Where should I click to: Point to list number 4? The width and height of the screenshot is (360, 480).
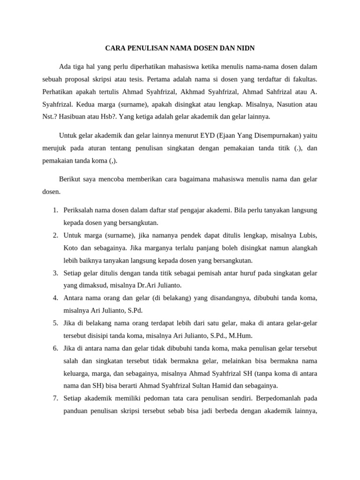[x=55, y=298]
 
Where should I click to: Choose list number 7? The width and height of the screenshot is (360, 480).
[x=55, y=398]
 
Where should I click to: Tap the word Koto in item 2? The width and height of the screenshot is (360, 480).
[x=71, y=247]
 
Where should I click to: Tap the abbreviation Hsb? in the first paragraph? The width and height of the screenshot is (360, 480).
[x=115, y=117]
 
